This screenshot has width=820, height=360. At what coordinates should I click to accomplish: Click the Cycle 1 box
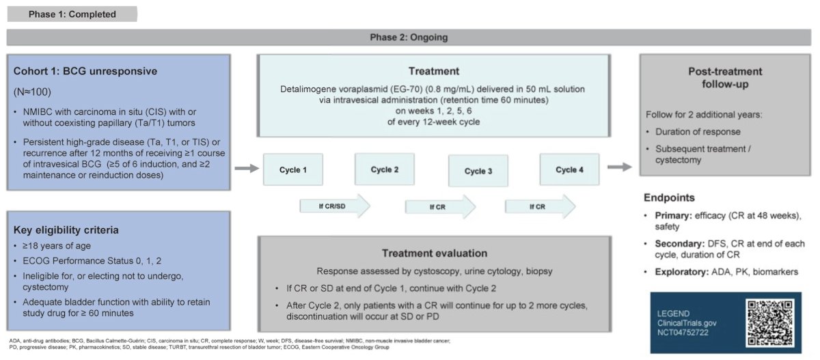293,169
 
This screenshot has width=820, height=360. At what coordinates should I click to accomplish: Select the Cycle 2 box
384,169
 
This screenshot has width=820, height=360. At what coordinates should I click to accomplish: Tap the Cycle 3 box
478,171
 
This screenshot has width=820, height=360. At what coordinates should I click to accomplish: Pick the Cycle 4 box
569,169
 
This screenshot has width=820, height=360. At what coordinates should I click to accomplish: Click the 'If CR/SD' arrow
335,206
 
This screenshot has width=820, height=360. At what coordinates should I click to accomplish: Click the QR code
769,322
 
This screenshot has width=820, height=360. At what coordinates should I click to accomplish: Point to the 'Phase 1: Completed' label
72,14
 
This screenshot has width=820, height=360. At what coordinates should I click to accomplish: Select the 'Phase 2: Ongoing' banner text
409,38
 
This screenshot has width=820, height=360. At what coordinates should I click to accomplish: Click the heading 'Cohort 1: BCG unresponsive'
85,71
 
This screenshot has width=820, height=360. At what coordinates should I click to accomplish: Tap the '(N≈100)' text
32,92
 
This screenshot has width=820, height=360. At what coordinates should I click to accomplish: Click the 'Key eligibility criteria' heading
66,230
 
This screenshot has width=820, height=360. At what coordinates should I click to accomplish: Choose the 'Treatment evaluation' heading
435,253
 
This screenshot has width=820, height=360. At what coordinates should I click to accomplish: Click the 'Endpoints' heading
669,197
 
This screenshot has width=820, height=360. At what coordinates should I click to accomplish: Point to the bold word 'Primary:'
674,215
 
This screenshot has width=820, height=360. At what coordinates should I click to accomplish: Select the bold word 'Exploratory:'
682,272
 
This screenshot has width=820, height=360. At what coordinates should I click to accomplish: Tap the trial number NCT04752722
683,332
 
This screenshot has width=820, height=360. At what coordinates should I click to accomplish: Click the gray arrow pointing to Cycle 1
247,168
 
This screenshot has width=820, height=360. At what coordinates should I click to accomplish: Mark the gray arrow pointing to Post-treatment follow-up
620,167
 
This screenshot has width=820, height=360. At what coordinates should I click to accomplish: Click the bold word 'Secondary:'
679,244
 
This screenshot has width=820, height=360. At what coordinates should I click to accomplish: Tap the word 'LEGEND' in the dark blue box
673,314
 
